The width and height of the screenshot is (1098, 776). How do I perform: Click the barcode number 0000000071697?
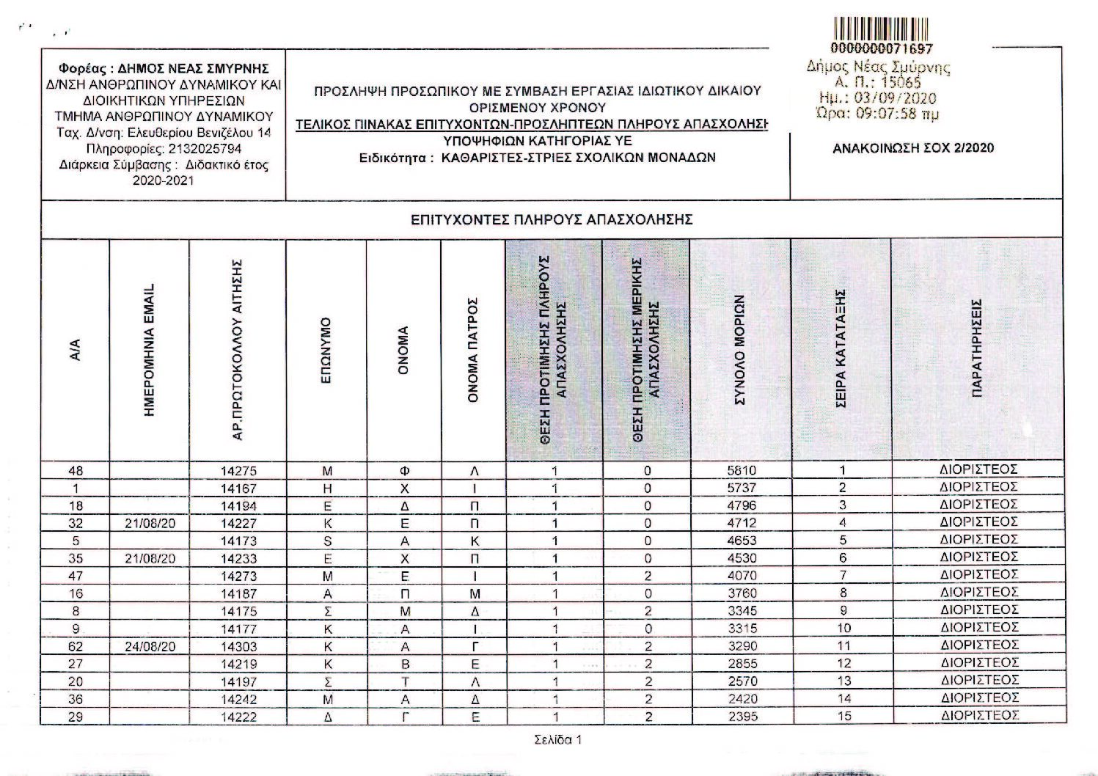point(882,49)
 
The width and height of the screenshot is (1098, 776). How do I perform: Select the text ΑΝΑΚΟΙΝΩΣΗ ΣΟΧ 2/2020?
point(913,147)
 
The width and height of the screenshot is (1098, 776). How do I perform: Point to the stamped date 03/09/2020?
point(891,98)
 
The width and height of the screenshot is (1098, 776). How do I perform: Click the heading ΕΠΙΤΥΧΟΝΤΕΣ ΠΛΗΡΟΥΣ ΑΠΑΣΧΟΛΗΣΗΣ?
point(552,219)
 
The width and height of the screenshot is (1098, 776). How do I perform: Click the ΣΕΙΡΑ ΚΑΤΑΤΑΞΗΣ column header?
point(841,349)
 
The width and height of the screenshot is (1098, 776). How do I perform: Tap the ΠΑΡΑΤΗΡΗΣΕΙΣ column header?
point(976,349)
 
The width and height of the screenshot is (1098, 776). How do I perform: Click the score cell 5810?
point(742,470)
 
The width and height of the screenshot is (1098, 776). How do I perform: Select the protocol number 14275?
point(238,471)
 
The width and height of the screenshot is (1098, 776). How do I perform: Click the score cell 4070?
point(742,576)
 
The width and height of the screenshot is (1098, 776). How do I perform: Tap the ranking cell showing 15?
point(843,717)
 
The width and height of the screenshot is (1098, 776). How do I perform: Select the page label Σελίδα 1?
point(558,740)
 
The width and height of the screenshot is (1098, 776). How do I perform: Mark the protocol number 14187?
point(238,593)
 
